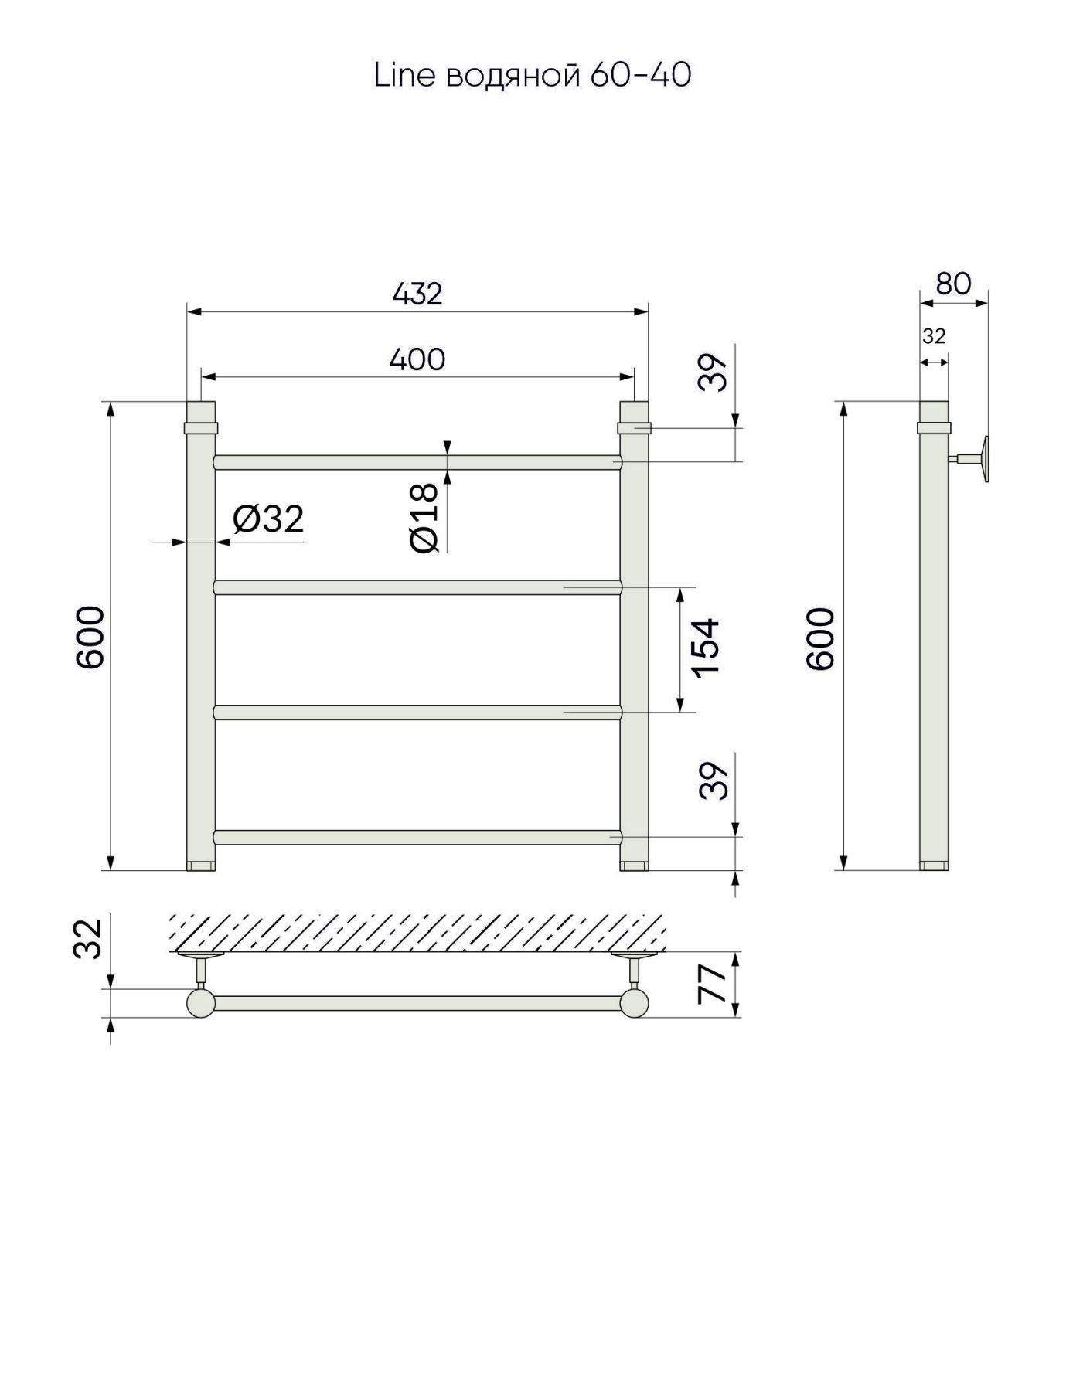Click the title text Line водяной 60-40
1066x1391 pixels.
[x=533, y=75]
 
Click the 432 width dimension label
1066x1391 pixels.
[x=417, y=294]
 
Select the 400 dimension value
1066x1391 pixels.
[x=417, y=359]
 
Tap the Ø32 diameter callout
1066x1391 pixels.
[x=268, y=519]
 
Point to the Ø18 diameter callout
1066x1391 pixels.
[x=426, y=518]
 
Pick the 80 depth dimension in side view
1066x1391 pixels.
[x=953, y=284]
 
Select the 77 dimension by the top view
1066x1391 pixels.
[x=713, y=983]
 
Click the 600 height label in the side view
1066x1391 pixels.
[x=821, y=638]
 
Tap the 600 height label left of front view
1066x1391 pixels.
[x=90, y=638]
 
